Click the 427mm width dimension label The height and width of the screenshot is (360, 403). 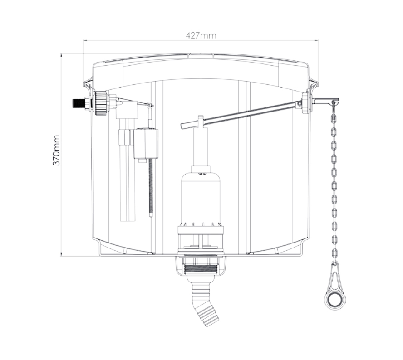201,35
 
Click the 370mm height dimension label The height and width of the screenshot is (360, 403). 56,150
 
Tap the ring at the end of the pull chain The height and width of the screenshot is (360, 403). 334,300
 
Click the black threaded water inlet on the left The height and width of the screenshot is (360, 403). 79,105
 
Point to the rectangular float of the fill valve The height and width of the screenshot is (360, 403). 146,144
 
